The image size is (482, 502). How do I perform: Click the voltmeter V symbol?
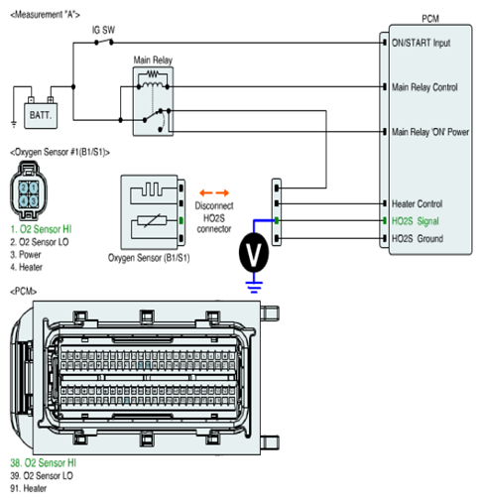254,252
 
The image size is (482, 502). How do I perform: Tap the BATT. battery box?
41,115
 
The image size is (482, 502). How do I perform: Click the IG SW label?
103,30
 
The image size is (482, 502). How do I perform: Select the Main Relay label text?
153,60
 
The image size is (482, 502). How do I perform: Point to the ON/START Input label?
421,43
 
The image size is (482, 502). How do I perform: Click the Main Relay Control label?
424,87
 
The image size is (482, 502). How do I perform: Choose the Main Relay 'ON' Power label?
430,132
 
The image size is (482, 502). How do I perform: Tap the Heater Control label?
417,203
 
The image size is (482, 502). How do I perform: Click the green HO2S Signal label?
416,221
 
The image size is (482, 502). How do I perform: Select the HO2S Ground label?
418,238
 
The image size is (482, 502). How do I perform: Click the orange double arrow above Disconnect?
214,192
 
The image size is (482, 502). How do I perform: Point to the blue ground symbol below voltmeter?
254,287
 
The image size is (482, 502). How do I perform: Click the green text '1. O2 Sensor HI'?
41,229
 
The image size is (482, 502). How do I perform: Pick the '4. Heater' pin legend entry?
27,267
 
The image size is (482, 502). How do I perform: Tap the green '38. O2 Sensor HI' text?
44,462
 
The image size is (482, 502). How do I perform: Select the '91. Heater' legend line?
29,488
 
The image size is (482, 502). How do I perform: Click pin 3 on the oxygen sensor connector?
34,201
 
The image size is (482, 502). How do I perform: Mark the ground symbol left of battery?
14,124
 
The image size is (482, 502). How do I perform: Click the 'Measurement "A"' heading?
46,15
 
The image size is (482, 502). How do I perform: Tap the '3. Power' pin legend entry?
26,254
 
